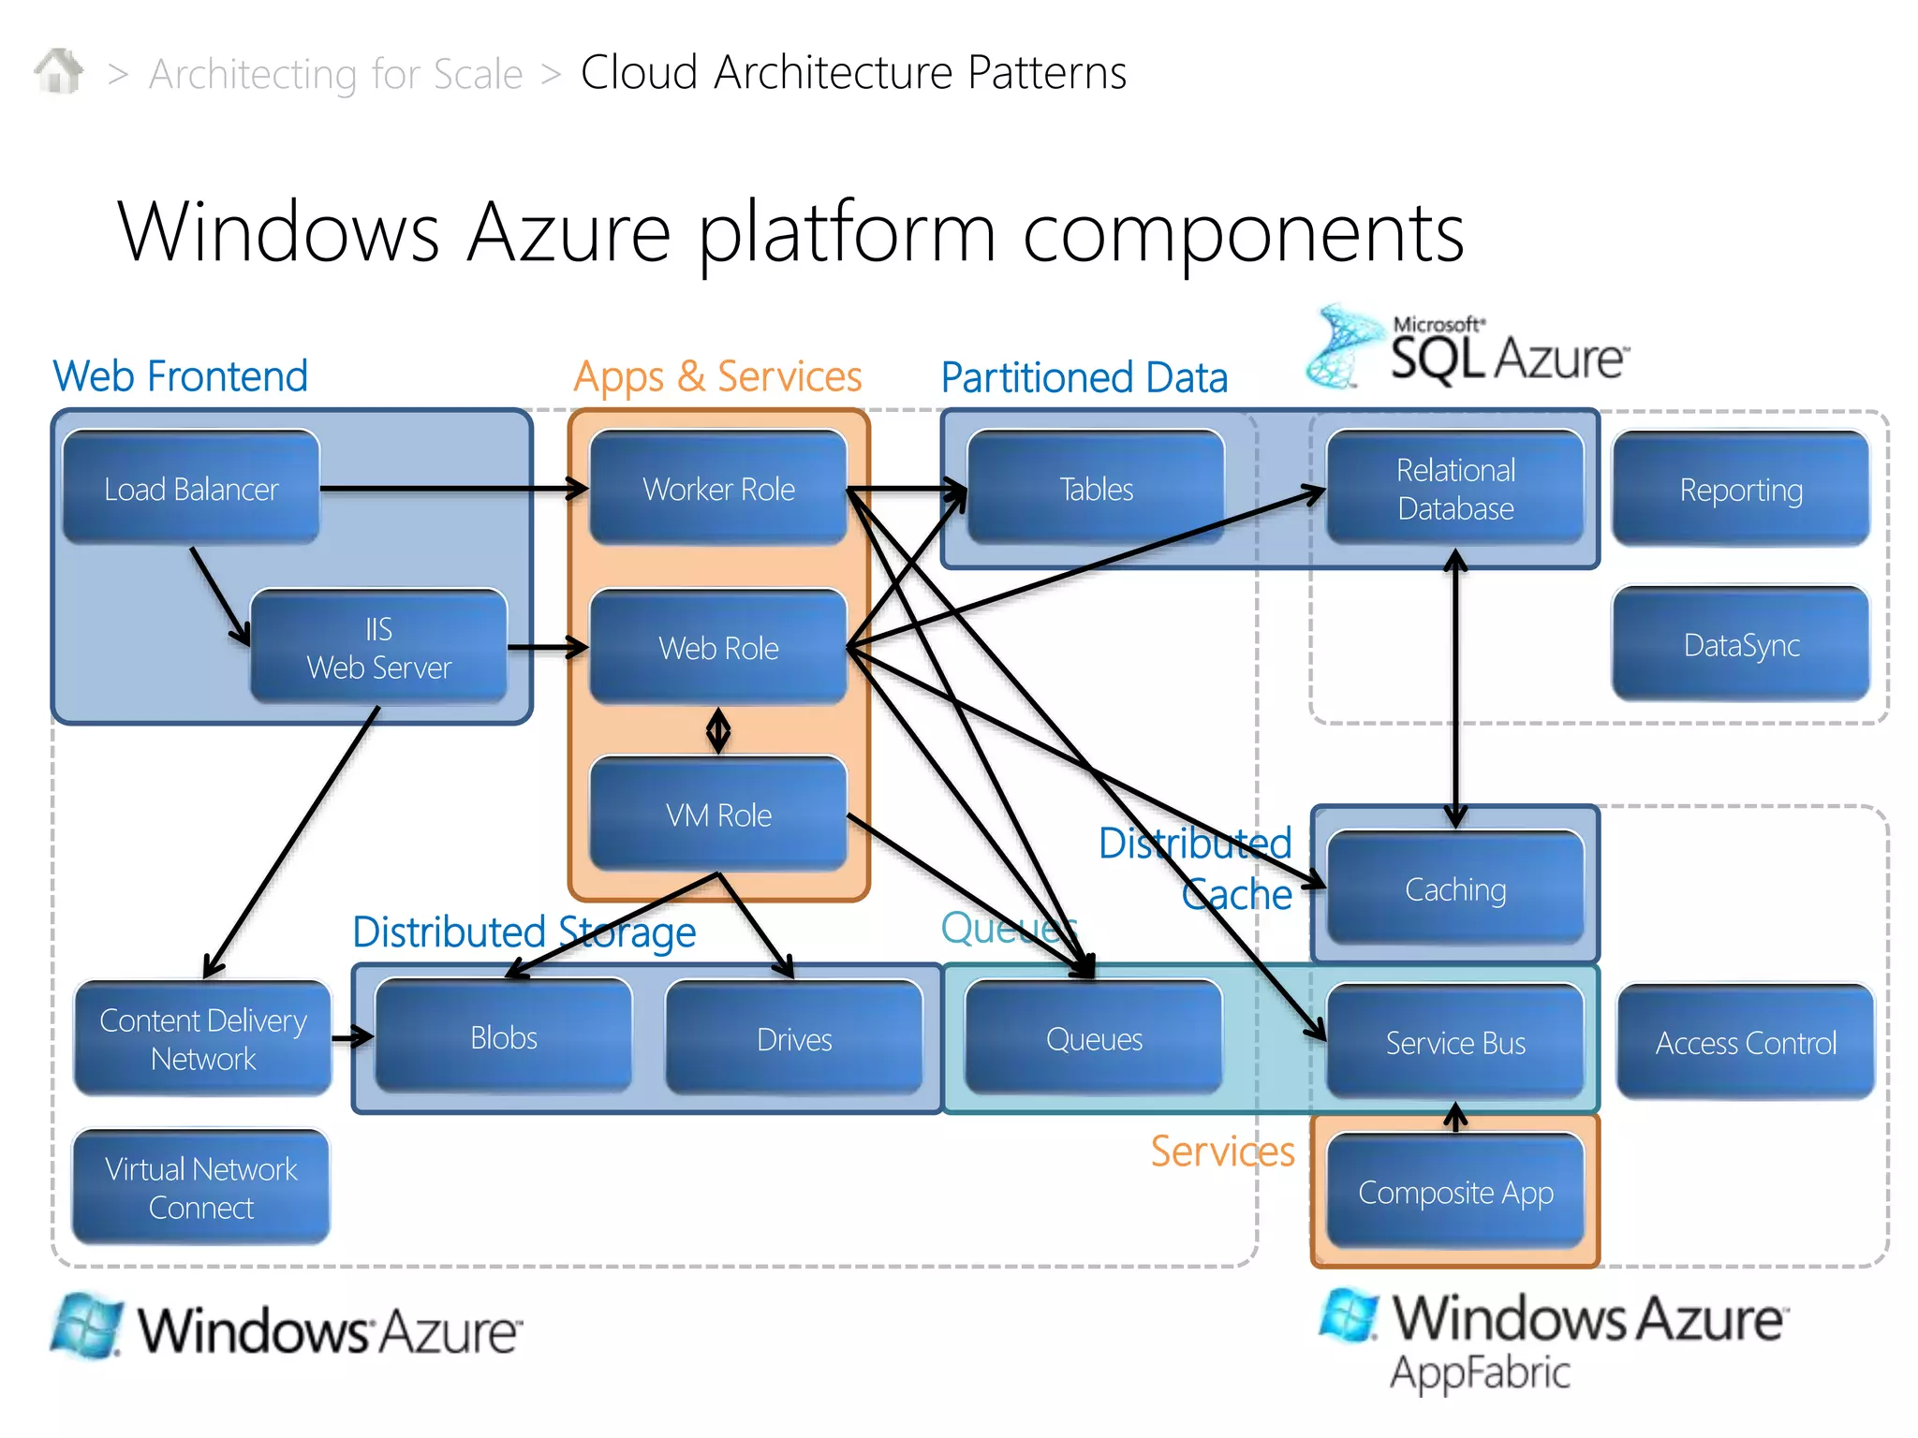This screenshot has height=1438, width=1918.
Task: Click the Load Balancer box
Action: pos(191,489)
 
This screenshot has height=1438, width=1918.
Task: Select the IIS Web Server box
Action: pos(378,648)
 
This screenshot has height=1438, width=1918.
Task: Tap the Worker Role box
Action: pos(718,489)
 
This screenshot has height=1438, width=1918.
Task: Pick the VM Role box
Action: pos(718,814)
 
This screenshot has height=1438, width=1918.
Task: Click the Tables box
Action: pos(1096,489)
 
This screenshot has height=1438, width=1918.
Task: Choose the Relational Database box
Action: pos(1454,489)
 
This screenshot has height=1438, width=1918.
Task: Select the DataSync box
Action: pos(1740,645)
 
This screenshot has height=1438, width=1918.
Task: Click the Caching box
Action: pos(1454,888)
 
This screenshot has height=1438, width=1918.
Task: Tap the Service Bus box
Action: pos(1454,1042)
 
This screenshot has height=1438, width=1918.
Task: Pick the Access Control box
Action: pos(1745,1042)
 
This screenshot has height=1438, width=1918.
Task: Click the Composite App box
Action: pos(1454,1192)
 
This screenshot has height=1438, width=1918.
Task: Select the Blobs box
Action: pos(504,1037)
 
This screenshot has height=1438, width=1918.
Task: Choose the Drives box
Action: pos(793,1038)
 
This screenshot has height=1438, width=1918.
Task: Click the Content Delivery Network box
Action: pos(202,1038)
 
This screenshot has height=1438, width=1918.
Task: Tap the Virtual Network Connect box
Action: pos(200,1187)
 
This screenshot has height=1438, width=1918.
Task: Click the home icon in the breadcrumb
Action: pos(58,71)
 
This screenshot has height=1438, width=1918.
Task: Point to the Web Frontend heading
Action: pos(180,376)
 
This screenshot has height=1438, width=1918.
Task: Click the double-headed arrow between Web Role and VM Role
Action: pos(718,730)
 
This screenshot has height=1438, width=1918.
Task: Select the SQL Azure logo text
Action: pos(1508,357)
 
